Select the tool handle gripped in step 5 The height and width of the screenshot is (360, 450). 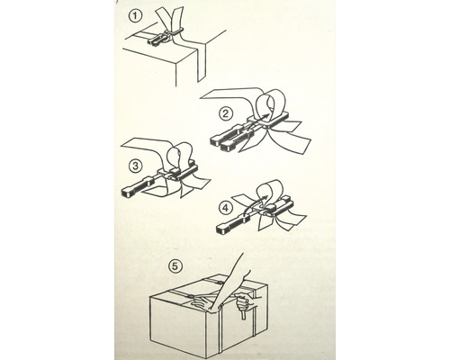(x=244, y=319)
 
